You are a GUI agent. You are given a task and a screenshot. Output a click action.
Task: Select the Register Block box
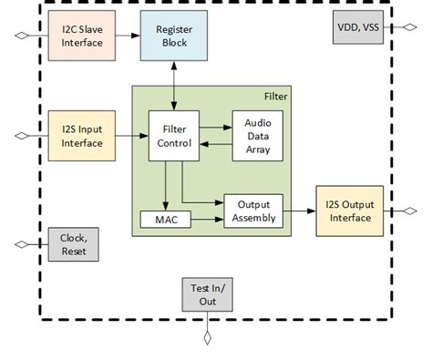pos(173,36)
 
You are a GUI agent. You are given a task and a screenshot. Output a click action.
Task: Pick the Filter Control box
pos(173,136)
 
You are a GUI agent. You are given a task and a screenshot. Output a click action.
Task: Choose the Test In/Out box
pos(207,293)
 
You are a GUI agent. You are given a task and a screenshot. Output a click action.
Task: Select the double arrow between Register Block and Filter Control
pos(173,87)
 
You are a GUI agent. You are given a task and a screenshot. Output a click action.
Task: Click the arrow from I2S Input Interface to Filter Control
pos(130,136)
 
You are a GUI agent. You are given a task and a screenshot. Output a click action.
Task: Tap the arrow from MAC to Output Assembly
pos(204,220)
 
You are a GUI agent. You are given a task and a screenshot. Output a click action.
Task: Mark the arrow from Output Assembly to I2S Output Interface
pos(298,215)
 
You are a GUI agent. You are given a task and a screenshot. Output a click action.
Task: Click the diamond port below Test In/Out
pos(207,339)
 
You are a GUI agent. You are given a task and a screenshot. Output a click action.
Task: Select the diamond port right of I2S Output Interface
pos(412,211)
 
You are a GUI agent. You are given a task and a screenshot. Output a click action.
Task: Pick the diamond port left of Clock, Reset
pos(20,244)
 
